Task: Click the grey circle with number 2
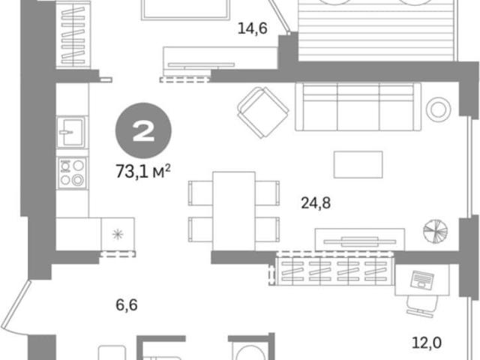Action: click(x=143, y=131)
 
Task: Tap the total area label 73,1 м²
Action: click(x=143, y=171)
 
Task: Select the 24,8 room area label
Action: click(x=316, y=203)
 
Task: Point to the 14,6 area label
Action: click(x=253, y=28)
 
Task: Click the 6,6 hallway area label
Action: click(x=127, y=305)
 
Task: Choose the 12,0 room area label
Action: click(x=427, y=343)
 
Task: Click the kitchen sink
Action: click(x=71, y=132)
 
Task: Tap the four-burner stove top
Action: click(x=73, y=173)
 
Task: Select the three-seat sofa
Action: click(x=358, y=106)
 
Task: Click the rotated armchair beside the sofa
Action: click(x=263, y=112)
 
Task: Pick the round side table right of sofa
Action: click(x=438, y=109)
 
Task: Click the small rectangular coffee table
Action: click(x=358, y=164)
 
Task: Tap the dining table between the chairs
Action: click(x=234, y=211)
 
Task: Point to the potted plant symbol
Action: click(x=435, y=232)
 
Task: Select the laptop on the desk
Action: click(x=421, y=280)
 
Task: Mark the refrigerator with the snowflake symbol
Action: click(x=118, y=234)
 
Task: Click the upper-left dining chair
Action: click(x=200, y=193)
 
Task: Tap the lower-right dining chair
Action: click(x=267, y=229)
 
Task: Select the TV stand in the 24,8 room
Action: click(x=360, y=240)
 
